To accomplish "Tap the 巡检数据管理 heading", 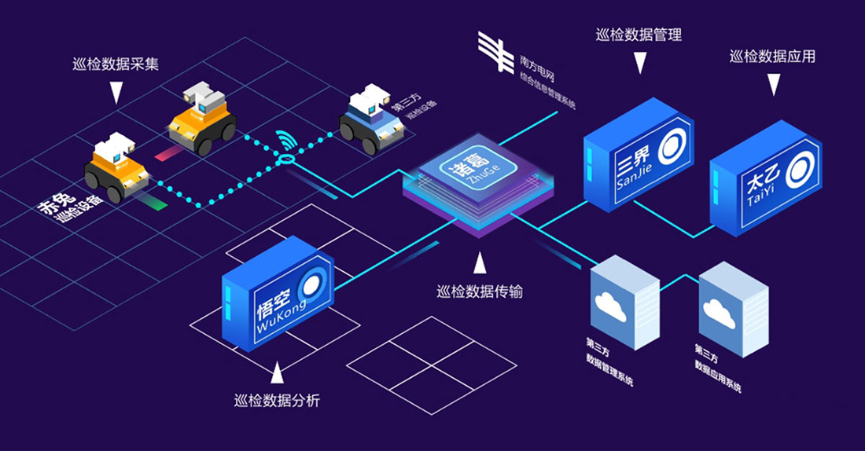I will pyautogui.click(x=639, y=35).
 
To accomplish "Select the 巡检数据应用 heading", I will pyautogui.click(x=772, y=57).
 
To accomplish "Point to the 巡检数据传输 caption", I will pyautogui.click(x=480, y=292).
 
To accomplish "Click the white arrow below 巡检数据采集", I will pyautogui.click(x=116, y=93).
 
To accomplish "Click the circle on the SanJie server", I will pyautogui.click(x=671, y=145).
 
